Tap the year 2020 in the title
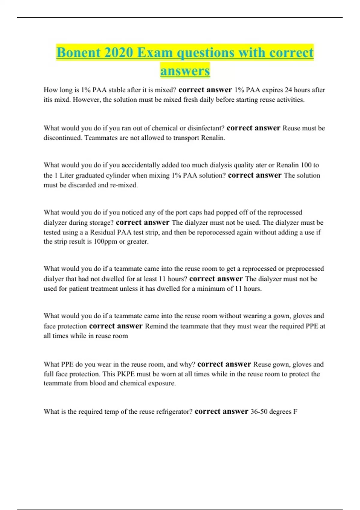coord(119,53)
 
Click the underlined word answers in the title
coord(185,71)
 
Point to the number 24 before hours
coord(288,90)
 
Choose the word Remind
coord(156,326)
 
